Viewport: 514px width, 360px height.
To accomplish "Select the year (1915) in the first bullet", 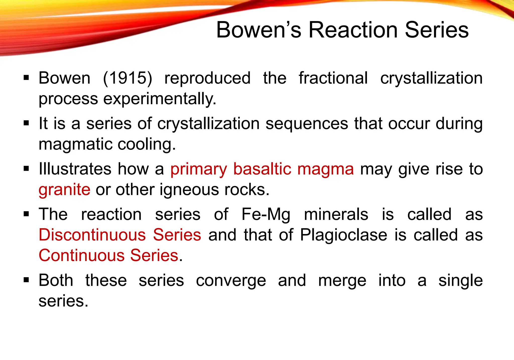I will tap(127, 78).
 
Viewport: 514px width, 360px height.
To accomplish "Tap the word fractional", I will tap(333, 78).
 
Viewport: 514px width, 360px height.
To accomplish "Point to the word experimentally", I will tap(160, 99).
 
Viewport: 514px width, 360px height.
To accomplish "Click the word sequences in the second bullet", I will tap(307, 124).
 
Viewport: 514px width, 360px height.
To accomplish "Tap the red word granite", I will tap(64, 190).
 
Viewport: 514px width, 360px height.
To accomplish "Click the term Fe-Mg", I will tap(266, 215).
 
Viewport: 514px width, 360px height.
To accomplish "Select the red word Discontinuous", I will tap(92, 235).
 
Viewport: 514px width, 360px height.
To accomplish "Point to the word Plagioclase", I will tap(344, 235).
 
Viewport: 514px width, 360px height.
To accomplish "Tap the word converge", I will tap(231, 281).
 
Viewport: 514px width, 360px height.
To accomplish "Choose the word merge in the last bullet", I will tap(342, 281).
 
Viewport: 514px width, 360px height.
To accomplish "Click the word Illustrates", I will tap(75, 169).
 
